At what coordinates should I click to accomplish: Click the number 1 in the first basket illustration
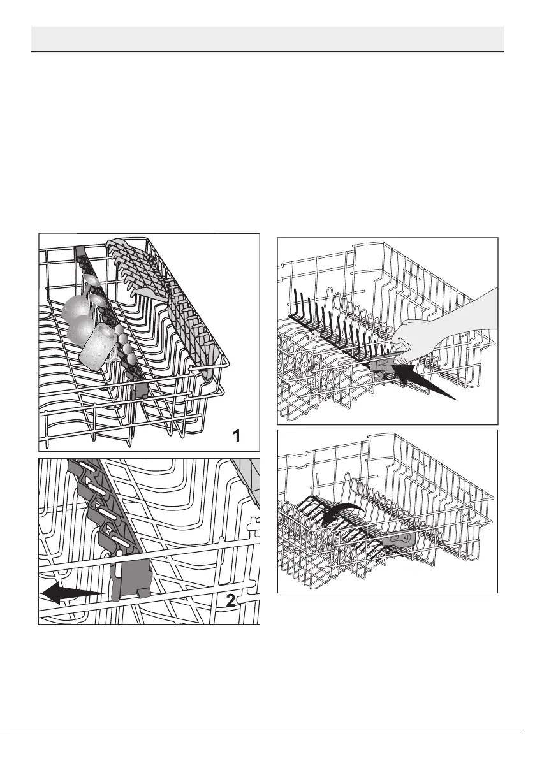tap(237, 436)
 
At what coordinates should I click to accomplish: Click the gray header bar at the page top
tap(268, 38)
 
